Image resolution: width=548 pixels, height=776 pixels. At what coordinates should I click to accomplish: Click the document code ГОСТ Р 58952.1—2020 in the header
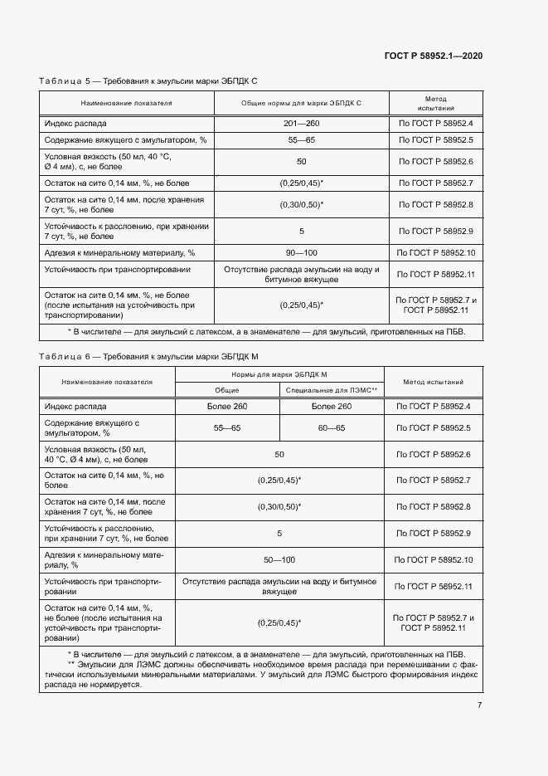coord(434,56)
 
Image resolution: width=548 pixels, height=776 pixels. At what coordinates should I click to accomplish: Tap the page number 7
coord(480,705)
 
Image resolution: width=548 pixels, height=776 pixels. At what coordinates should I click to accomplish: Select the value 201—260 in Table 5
coord(301,123)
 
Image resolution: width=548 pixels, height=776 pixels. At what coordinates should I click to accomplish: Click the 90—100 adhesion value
coord(301,252)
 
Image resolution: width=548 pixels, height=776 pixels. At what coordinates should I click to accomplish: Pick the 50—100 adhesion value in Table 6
coord(279,560)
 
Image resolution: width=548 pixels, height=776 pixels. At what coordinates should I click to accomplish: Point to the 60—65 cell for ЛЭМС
coord(332,427)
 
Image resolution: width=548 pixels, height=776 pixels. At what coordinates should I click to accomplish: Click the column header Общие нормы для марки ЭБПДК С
coord(301,104)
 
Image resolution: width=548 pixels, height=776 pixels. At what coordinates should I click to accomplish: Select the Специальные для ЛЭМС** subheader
coord(332,389)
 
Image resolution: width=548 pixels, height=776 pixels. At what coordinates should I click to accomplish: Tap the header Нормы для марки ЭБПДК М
coord(279,374)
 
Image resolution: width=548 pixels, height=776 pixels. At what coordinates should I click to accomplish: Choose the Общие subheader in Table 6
coord(227,389)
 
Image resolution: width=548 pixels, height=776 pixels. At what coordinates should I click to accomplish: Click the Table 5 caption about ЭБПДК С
coord(149,81)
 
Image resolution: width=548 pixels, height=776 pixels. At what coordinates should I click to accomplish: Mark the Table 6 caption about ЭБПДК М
coord(149,356)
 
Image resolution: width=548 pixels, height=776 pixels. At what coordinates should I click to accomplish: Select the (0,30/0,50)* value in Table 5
coord(301,204)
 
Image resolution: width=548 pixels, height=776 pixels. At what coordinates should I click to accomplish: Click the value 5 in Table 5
coord(301,231)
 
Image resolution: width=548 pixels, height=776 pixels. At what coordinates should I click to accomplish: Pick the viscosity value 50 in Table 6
coord(279,454)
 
